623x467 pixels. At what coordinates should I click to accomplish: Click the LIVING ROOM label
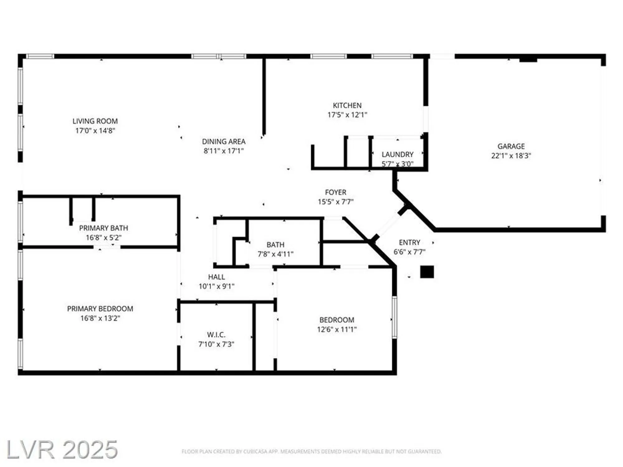(95, 121)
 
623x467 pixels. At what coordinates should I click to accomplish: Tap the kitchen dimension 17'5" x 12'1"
(347, 115)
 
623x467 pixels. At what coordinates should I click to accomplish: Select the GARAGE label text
(511, 146)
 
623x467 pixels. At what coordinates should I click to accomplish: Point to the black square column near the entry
(427, 272)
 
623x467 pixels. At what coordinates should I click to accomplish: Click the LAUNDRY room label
(397, 154)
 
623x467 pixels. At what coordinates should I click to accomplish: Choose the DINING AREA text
(224, 142)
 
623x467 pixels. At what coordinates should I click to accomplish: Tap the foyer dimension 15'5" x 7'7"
(335, 202)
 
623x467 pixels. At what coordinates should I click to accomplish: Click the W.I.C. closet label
(216, 335)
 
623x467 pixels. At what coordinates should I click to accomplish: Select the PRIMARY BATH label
(103, 228)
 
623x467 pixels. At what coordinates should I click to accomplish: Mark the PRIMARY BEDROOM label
(100, 309)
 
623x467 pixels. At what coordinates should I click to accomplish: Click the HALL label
(216, 277)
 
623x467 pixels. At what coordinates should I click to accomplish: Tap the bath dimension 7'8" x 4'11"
(275, 254)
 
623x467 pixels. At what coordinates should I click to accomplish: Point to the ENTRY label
(409, 242)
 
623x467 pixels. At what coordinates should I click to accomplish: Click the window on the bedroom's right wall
(394, 317)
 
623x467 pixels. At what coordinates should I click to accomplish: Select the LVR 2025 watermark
(62, 450)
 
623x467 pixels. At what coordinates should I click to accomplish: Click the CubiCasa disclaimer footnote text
(311, 451)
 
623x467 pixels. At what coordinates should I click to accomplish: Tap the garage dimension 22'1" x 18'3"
(511, 156)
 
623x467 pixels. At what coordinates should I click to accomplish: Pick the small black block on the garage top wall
(528, 59)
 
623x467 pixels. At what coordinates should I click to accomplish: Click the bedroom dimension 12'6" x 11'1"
(337, 329)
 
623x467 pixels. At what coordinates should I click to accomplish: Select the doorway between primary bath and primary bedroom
(107, 247)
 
